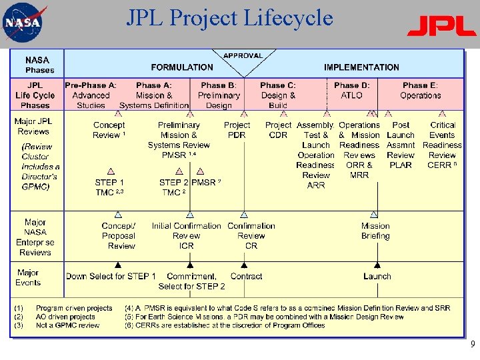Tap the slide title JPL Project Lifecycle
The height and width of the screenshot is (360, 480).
point(229,18)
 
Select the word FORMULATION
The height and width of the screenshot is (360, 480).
point(182,67)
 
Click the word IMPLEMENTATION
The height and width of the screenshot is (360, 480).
point(361,67)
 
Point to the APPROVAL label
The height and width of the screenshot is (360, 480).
point(243,55)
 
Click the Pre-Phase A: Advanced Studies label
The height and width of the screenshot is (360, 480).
point(91,95)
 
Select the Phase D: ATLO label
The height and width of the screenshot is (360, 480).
point(351,91)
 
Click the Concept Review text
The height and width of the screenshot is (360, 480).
point(109,130)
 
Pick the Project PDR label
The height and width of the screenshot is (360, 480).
point(237,130)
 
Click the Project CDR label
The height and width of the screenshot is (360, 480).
point(278,130)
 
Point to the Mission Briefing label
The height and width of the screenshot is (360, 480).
point(375,231)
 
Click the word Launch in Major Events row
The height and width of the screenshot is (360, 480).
point(377,276)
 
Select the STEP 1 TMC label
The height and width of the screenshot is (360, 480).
point(109,187)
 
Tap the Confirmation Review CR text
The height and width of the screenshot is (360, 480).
point(251,235)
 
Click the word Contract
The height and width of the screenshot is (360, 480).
point(246,276)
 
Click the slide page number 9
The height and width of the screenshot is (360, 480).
point(472,345)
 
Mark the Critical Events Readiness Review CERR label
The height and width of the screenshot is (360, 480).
point(442,145)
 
